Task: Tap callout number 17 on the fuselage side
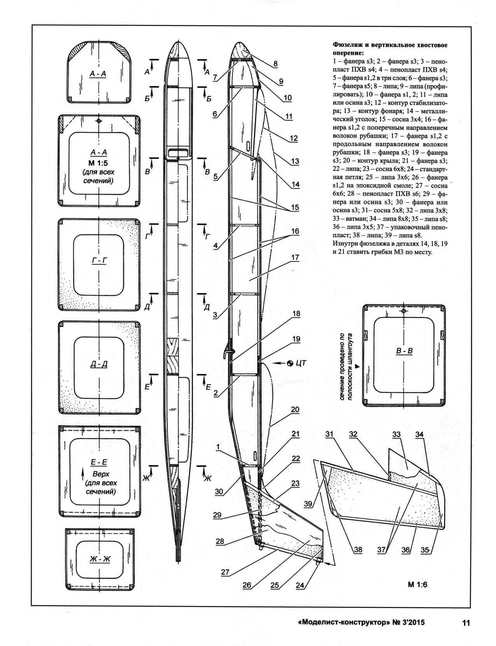294,257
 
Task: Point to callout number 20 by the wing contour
295,409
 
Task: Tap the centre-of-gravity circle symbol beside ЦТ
290,363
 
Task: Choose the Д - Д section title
99,364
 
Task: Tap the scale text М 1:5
99,162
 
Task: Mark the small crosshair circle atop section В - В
404,311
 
